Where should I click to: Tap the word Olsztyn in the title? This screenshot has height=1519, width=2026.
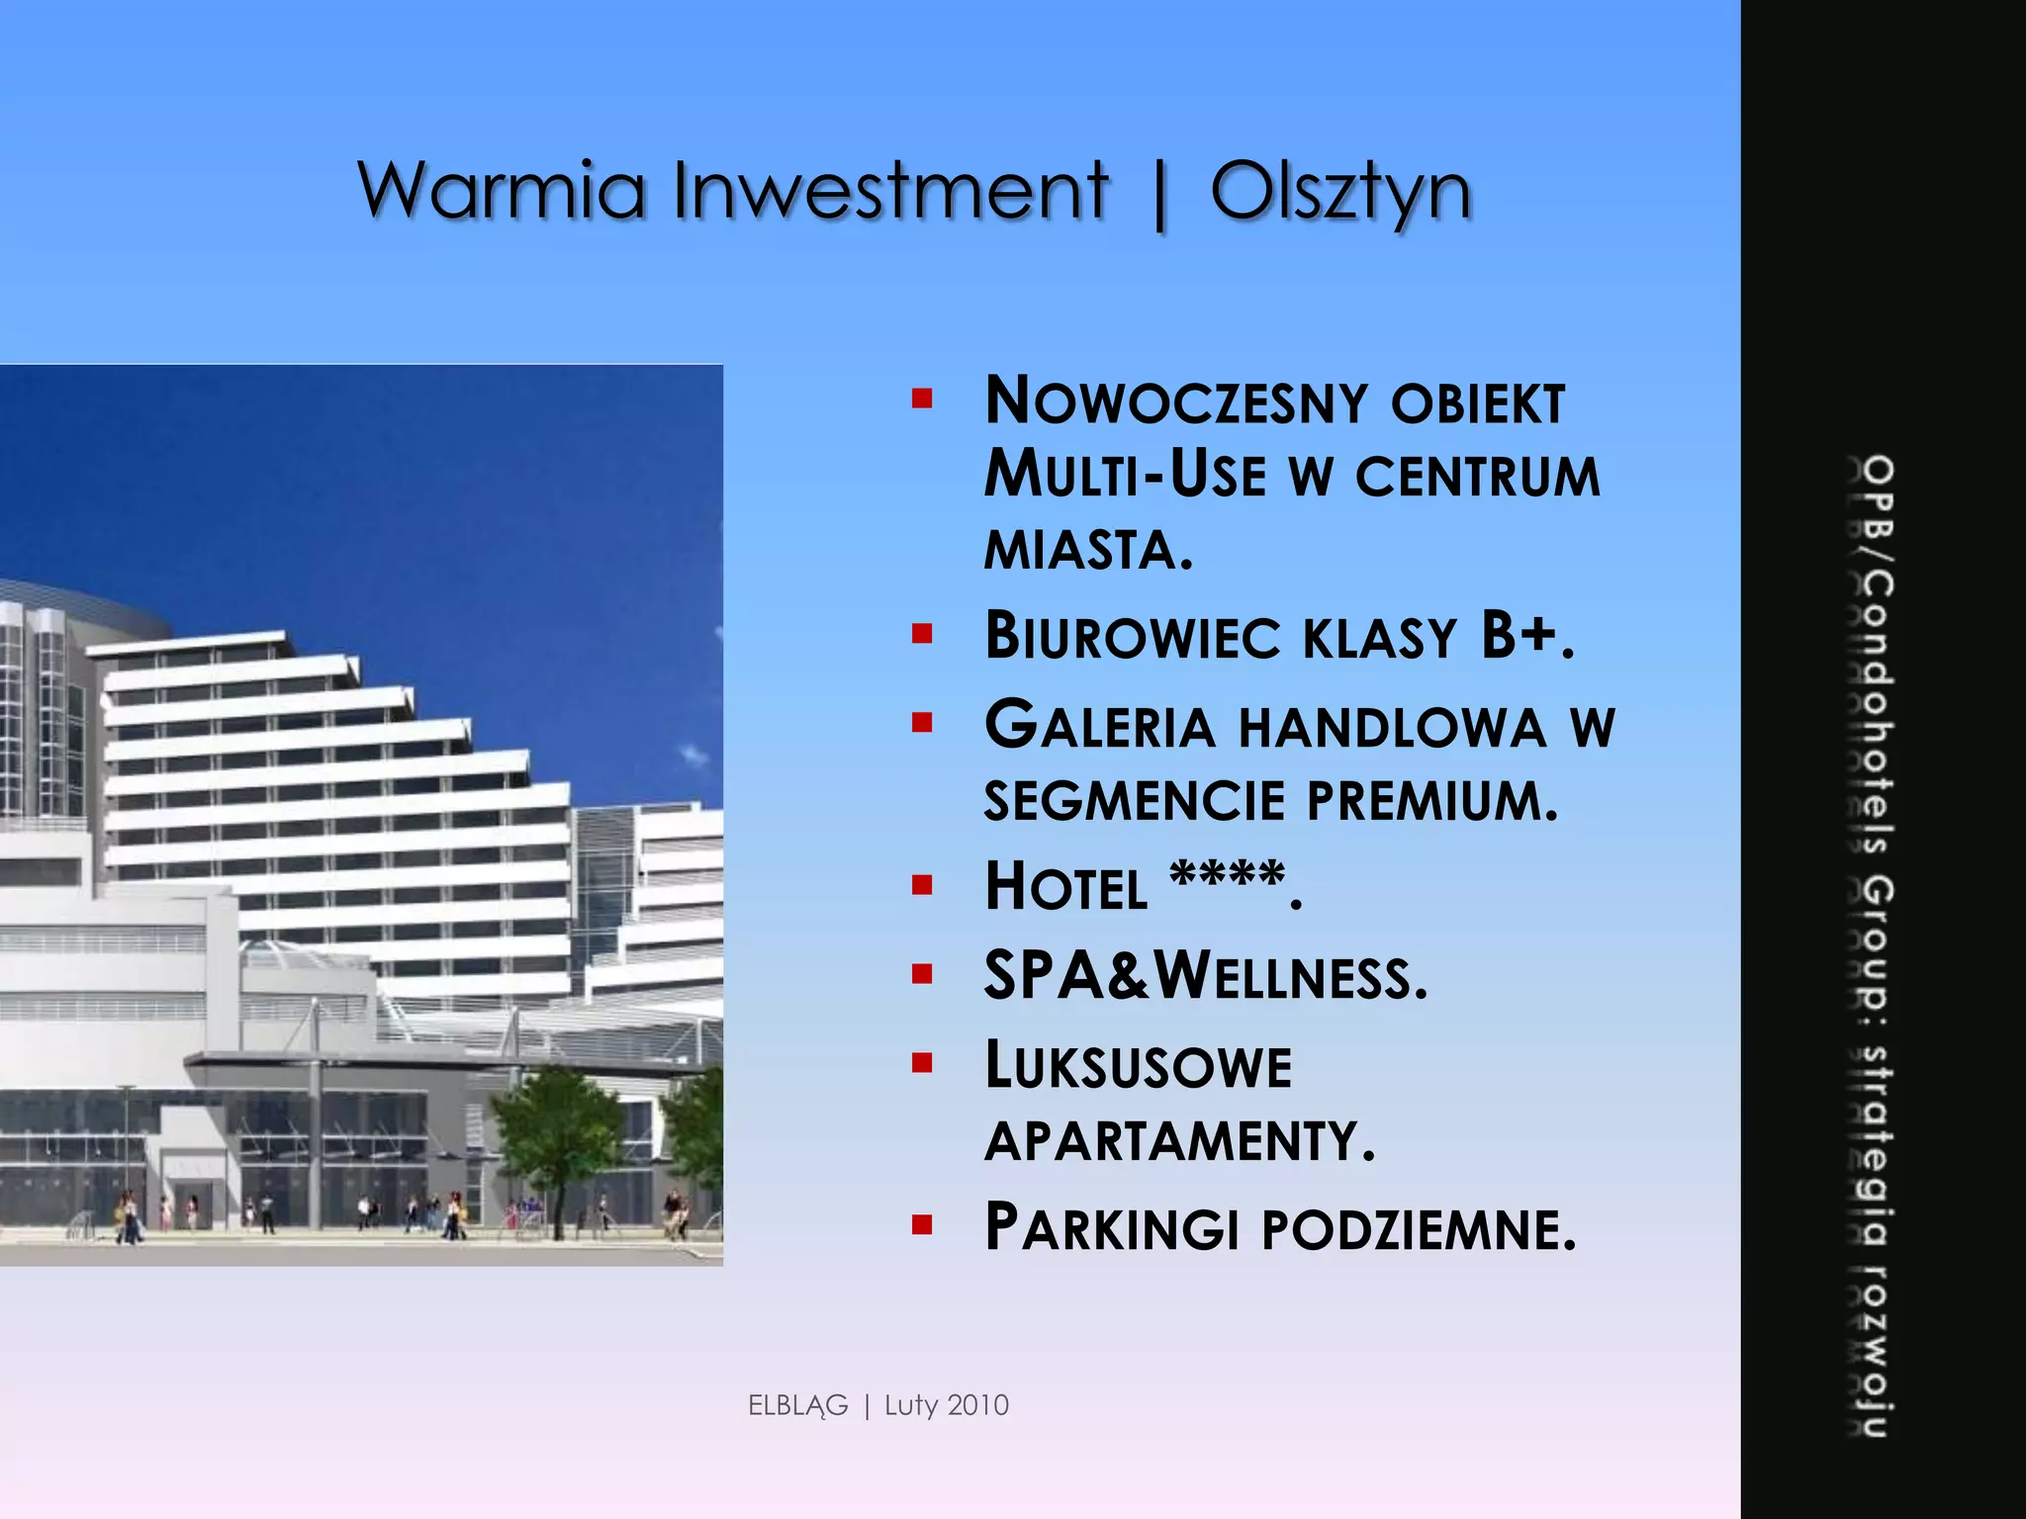(x=1340, y=193)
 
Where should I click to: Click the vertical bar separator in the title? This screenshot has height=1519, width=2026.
(x=1159, y=195)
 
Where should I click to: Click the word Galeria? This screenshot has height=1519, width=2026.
(x=1099, y=726)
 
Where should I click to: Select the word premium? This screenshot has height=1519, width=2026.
(x=1431, y=801)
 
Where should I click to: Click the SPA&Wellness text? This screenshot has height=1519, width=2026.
(x=1205, y=977)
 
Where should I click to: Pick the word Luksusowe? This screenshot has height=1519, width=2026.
(x=1138, y=1068)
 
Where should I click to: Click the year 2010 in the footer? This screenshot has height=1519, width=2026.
(x=976, y=1405)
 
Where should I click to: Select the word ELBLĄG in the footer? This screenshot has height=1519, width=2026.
(x=798, y=1405)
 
